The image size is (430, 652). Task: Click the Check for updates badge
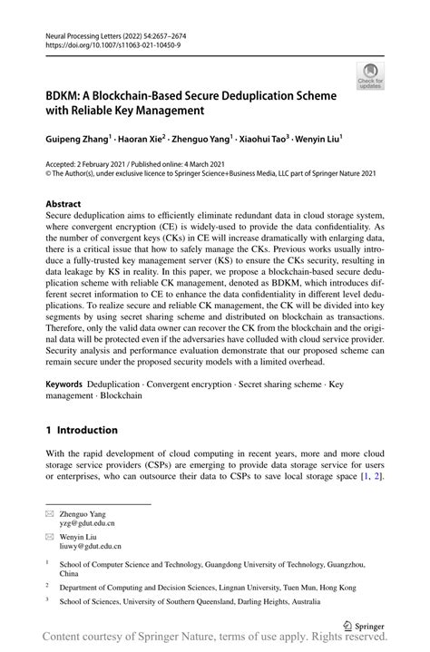[x=370, y=76]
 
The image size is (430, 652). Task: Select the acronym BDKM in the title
[x=67, y=95]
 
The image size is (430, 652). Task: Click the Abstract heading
[x=64, y=205]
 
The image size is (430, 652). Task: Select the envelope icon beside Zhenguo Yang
[x=51, y=513]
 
